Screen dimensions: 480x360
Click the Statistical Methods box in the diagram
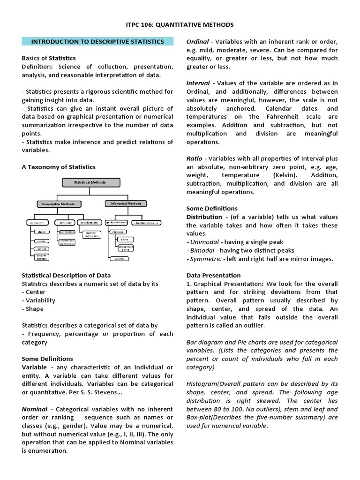point(90,182)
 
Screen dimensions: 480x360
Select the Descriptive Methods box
point(58,204)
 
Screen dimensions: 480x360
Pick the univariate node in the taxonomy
point(35,222)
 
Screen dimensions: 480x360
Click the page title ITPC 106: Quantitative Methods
point(180,24)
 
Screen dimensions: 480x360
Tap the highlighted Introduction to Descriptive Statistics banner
point(97,42)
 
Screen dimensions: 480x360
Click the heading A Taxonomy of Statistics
point(59,167)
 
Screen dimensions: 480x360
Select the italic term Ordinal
point(198,42)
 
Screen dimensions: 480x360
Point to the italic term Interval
point(198,83)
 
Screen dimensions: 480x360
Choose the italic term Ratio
point(194,159)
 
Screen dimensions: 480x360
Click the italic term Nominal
point(35,409)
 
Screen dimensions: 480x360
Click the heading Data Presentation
point(213,275)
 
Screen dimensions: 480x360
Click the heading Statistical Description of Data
point(66,275)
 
